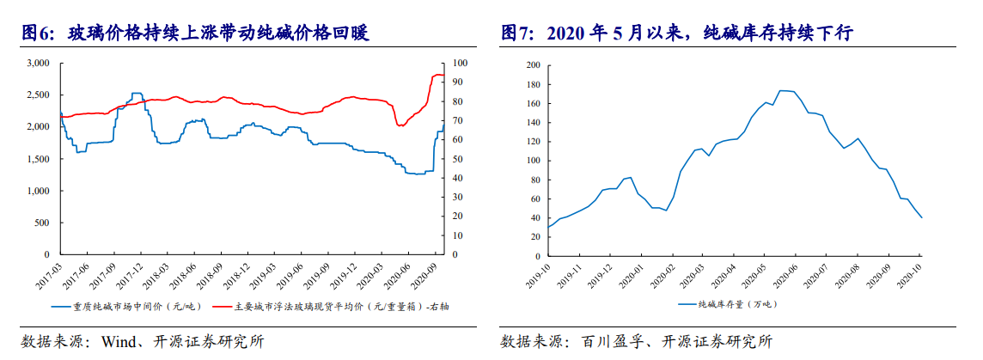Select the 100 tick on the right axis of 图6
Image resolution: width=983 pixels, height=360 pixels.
click(x=459, y=64)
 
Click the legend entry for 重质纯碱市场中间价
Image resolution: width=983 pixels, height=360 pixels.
click(x=127, y=306)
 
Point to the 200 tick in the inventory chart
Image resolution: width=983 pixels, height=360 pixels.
click(x=532, y=65)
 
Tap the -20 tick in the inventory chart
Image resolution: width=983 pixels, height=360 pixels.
click(x=532, y=256)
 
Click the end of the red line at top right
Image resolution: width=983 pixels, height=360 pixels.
click(x=443, y=76)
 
